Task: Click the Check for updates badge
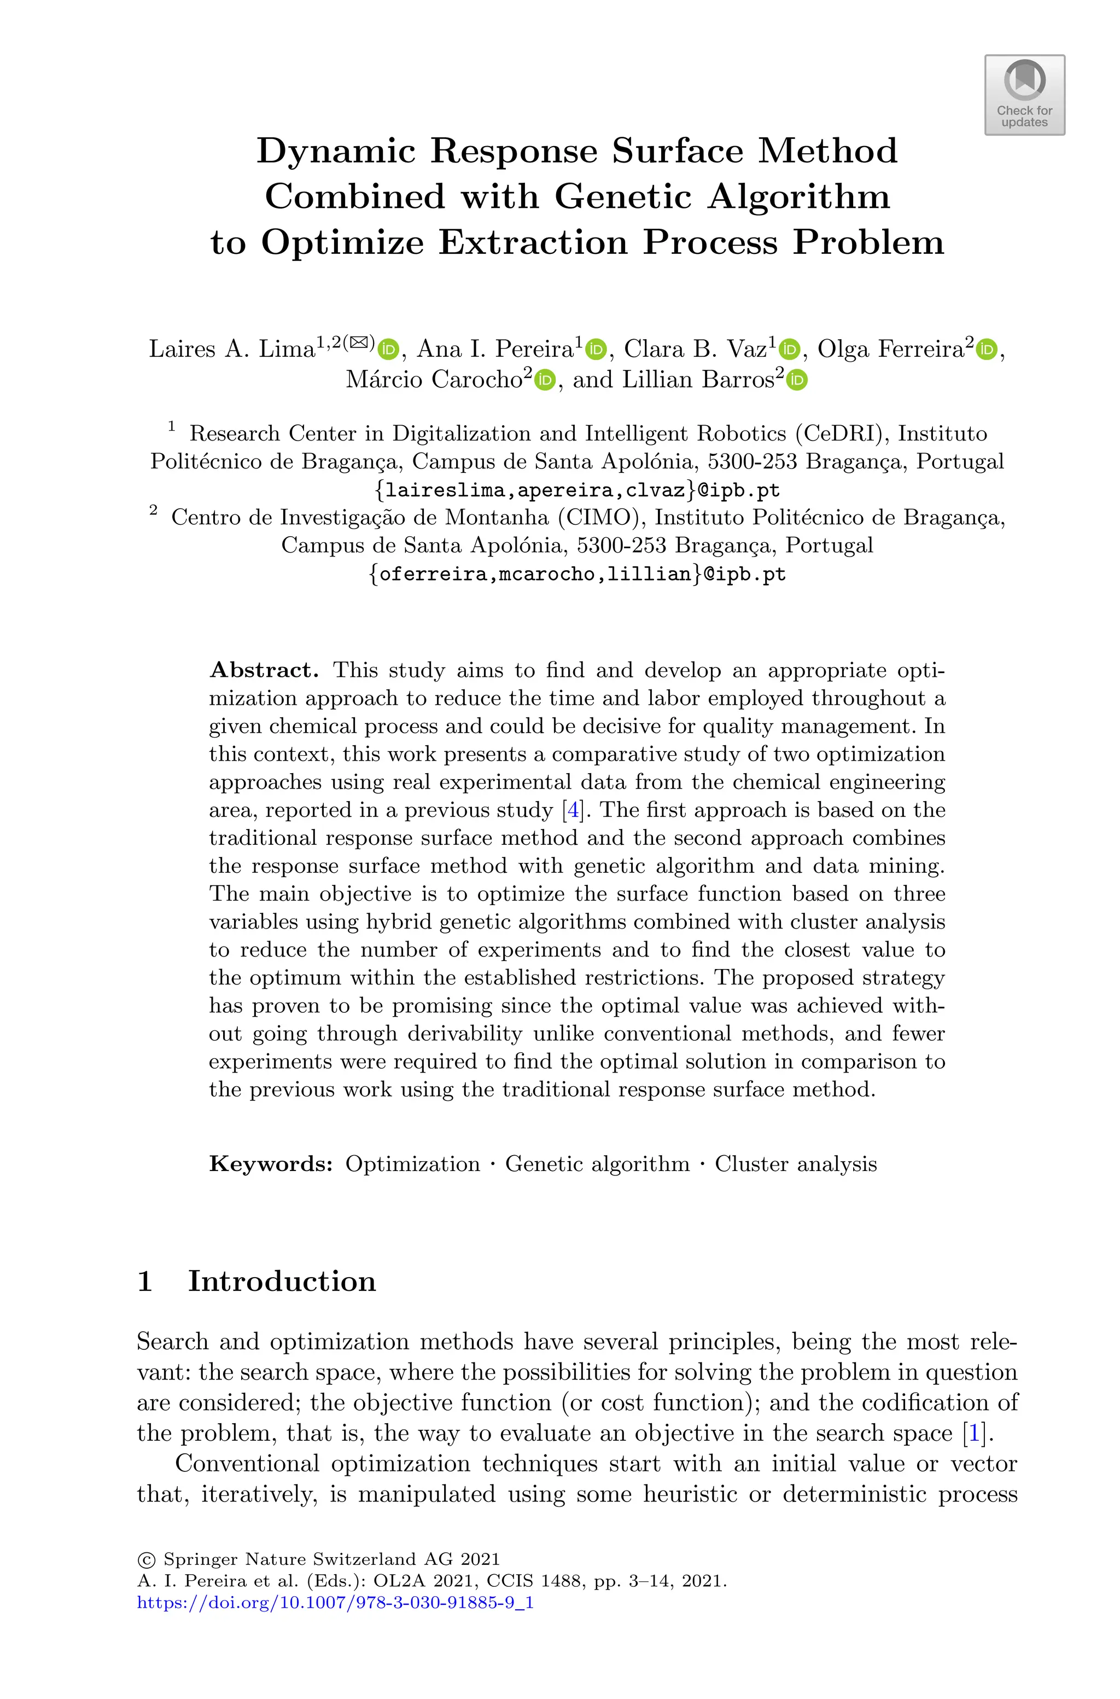pyautogui.click(x=1024, y=95)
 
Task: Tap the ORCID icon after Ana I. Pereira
pyautogui.click(x=596, y=349)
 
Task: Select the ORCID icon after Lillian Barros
pyautogui.click(x=797, y=380)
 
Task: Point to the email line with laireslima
pyautogui.click(x=577, y=490)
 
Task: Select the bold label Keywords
pyautogui.click(x=271, y=1164)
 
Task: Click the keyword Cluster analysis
pyautogui.click(x=796, y=1164)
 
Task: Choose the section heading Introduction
pyautogui.click(x=282, y=1281)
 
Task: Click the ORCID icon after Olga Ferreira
pyautogui.click(x=987, y=349)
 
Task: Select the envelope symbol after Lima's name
pyautogui.click(x=359, y=342)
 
